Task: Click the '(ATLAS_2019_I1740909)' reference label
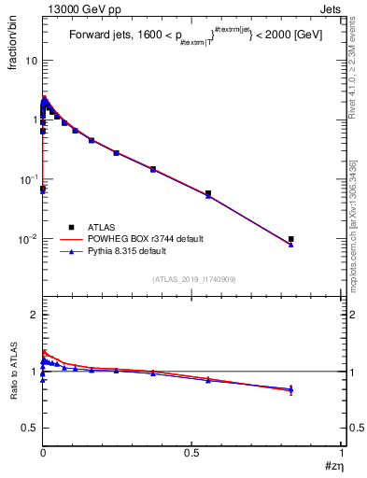click(193, 279)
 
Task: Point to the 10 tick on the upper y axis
click(31, 60)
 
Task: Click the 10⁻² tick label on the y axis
click(28, 239)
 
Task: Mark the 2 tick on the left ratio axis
click(33, 315)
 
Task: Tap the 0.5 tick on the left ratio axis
click(29, 429)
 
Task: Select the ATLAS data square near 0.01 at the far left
click(43, 190)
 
